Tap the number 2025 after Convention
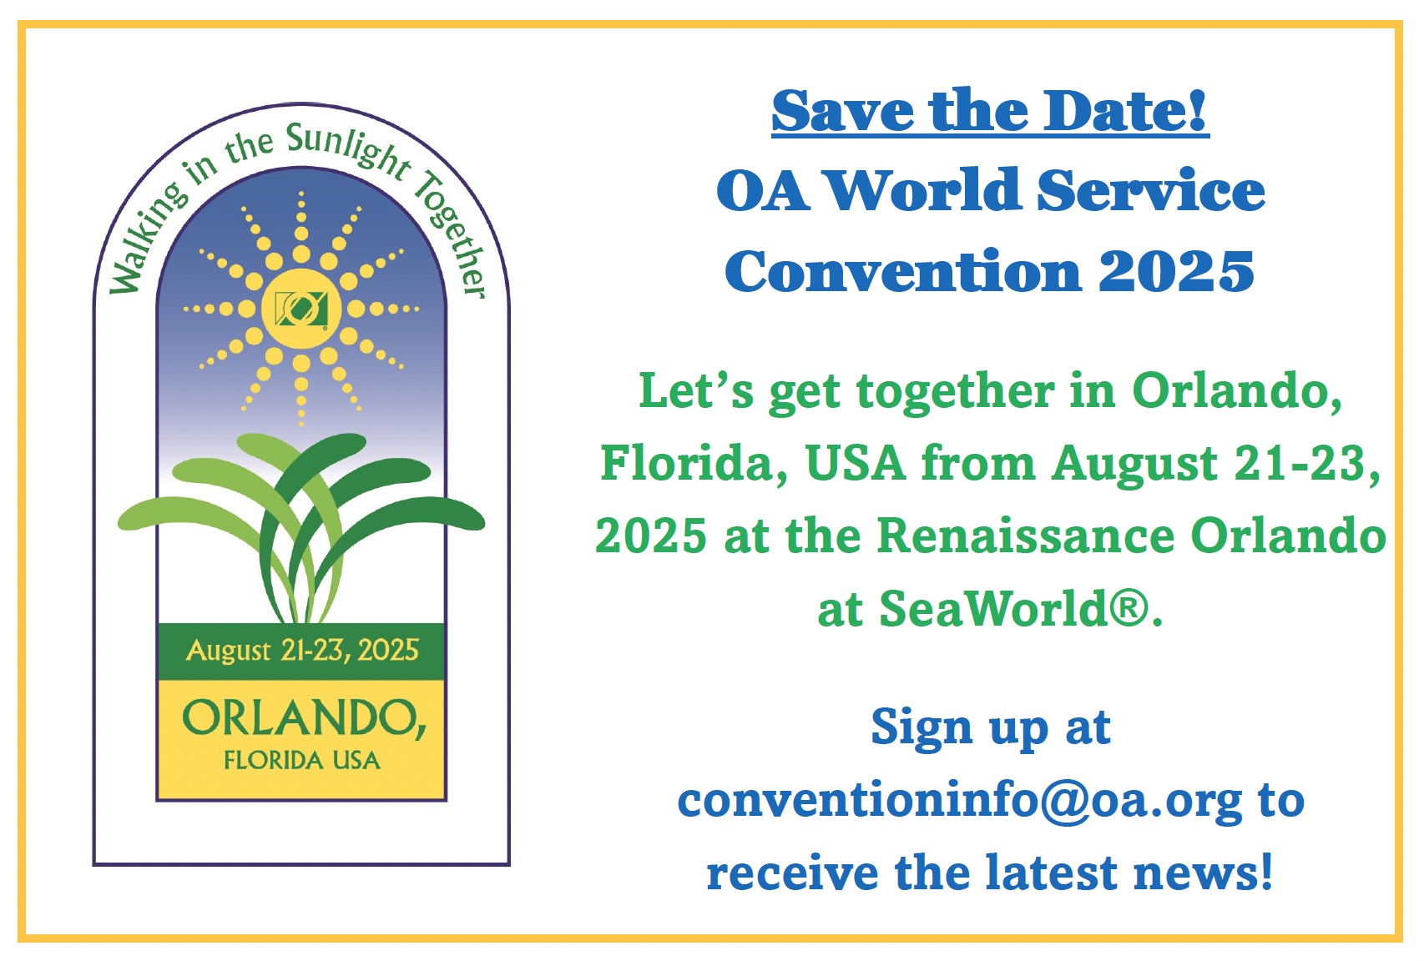(x=1176, y=271)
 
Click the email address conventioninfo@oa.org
(x=959, y=801)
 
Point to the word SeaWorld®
(x=1015, y=608)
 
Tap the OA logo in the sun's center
(x=301, y=308)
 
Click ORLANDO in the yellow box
(x=304, y=719)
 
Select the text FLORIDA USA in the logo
(x=302, y=760)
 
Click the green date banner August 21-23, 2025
(x=301, y=651)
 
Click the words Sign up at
(x=991, y=728)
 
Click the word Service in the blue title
(x=1151, y=190)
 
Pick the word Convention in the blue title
(x=903, y=271)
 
